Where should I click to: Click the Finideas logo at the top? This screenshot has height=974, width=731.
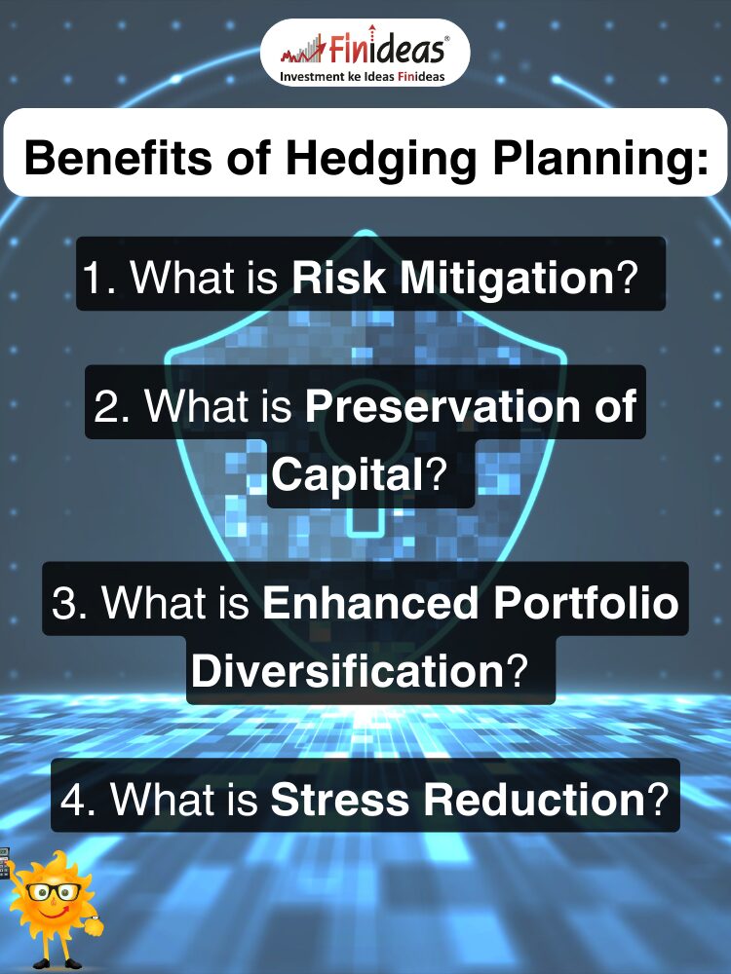point(365,53)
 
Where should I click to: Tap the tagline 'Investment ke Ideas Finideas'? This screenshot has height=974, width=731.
point(363,76)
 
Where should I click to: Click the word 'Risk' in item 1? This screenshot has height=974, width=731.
point(338,277)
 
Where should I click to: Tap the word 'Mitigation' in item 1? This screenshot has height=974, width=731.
point(507,278)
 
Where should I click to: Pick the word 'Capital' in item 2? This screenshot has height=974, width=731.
point(348,474)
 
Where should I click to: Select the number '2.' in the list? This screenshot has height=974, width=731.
point(112,405)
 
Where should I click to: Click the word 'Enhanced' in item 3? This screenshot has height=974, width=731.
point(370,602)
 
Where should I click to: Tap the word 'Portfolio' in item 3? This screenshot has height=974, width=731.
point(586,602)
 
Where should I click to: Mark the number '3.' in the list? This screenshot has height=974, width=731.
point(69,602)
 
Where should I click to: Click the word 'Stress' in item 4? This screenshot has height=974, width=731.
point(339,799)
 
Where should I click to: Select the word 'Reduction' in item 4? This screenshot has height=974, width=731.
point(535,799)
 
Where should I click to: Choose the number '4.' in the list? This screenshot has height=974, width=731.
point(78,799)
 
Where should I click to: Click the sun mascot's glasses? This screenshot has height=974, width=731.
point(54,892)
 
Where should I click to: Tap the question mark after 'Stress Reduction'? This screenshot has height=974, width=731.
point(658,799)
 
